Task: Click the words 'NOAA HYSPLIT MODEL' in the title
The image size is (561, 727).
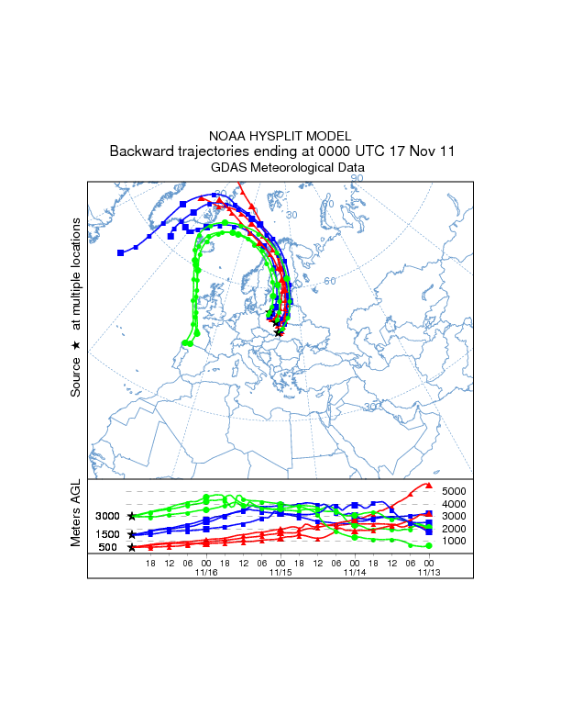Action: (x=280, y=135)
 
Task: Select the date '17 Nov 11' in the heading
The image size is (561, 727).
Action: (x=417, y=151)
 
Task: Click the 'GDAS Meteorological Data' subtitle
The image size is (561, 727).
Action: (x=288, y=167)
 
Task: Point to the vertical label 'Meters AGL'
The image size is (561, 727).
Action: (x=77, y=515)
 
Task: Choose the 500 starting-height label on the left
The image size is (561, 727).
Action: (x=108, y=547)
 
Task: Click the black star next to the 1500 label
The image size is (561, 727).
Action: (x=132, y=533)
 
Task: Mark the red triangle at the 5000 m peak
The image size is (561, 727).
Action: (x=430, y=485)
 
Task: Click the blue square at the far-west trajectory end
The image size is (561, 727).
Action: (x=120, y=252)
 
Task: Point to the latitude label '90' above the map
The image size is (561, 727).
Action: (x=357, y=178)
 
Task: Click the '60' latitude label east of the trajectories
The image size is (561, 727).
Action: (x=330, y=280)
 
